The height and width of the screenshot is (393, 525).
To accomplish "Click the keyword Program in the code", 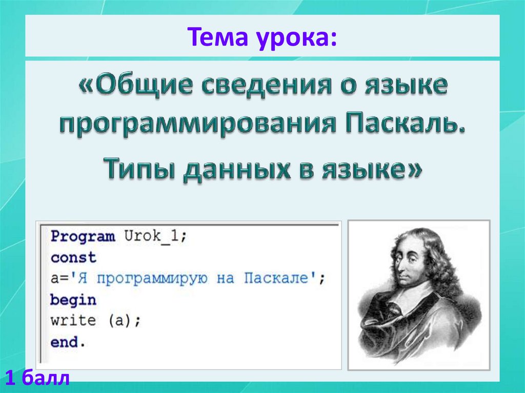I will [x=83, y=237].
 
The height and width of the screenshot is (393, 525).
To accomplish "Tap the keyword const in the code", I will [x=73, y=257].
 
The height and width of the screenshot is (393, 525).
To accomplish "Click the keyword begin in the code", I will [x=73, y=299].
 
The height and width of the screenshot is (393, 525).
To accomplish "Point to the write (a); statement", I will [x=95, y=320].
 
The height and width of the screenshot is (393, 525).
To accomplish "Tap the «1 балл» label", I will [x=37, y=379].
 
